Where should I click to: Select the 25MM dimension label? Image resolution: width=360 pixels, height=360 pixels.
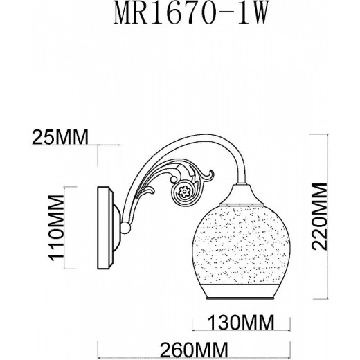click(59, 136)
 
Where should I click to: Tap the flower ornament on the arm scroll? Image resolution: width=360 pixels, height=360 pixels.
click(184, 192)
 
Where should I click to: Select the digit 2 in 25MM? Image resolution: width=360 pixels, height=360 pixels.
click(36, 136)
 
